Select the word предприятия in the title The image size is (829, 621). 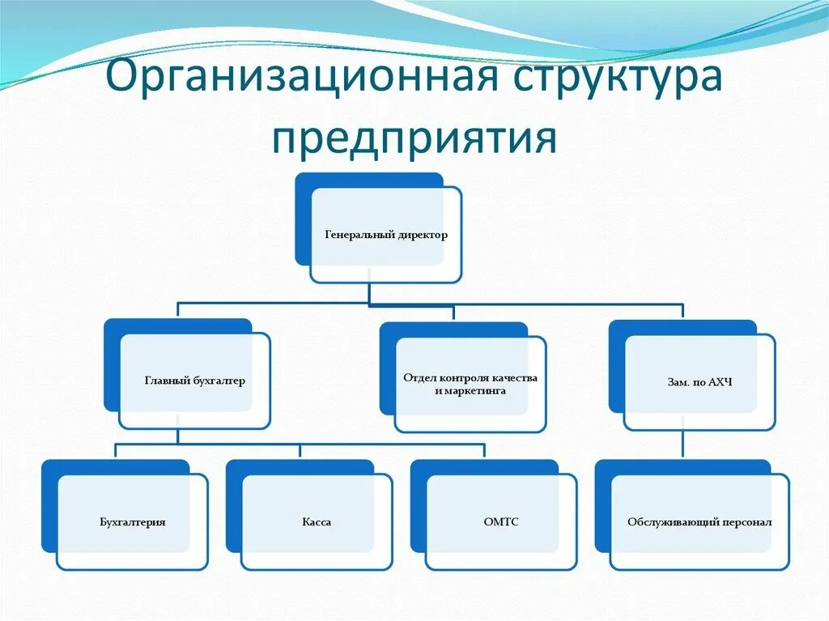pyautogui.click(x=414, y=138)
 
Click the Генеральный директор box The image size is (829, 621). pyautogui.click(x=385, y=236)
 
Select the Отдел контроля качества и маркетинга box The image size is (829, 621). pyautogui.click(x=470, y=385)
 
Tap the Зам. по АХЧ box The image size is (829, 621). pyautogui.click(x=699, y=381)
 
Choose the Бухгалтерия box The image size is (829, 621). pyautogui.click(x=133, y=522)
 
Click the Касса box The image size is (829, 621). pyautogui.click(x=317, y=522)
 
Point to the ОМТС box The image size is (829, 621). pyautogui.click(x=501, y=522)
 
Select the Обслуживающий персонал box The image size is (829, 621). pyautogui.click(x=699, y=522)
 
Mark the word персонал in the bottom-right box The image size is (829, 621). pyautogui.click(x=746, y=522)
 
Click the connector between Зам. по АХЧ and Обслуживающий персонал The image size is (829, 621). pyautogui.click(x=683, y=444)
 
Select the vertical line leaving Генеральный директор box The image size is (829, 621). pyautogui.click(x=369, y=293)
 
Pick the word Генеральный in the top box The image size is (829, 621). pyautogui.click(x=359, y=236)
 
